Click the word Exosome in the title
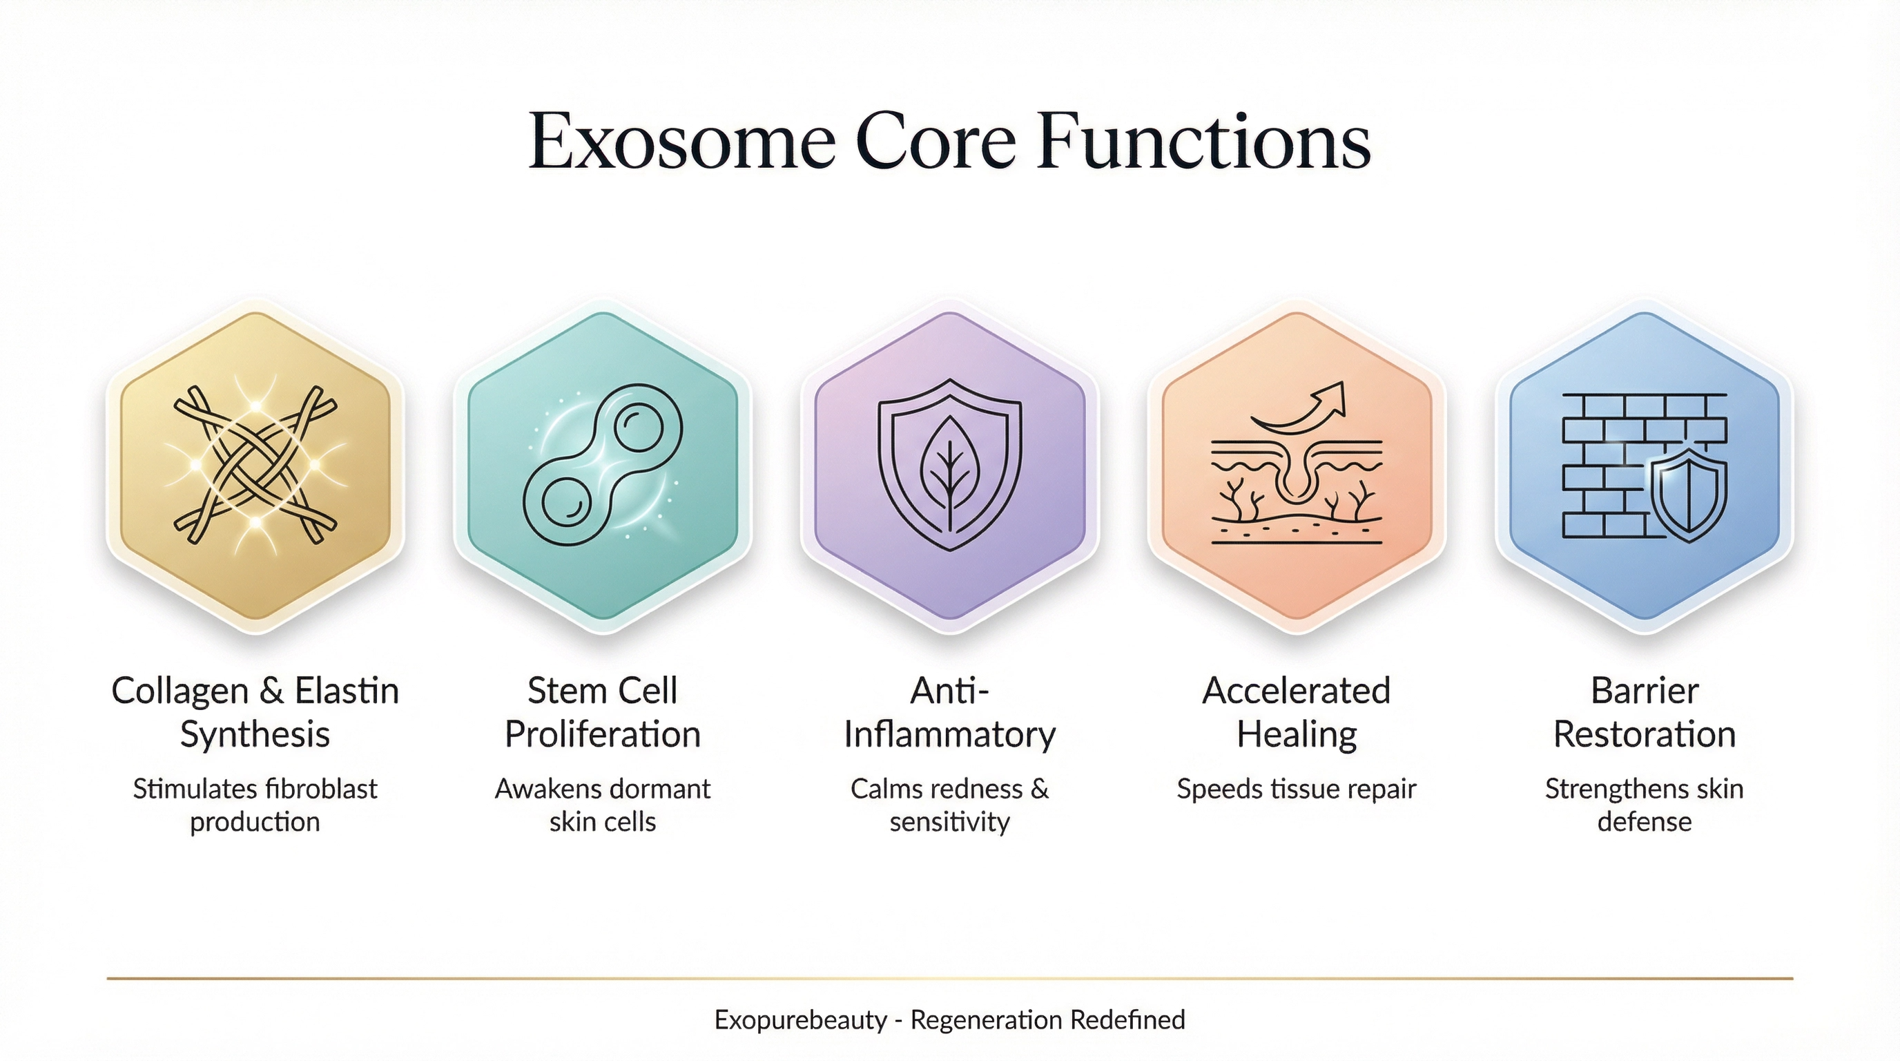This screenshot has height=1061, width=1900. pos(682,142)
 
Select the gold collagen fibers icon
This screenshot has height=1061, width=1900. pos(255,465)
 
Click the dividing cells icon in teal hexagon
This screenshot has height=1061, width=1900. pos(603,465)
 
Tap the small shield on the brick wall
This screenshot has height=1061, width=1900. pos(1688,497)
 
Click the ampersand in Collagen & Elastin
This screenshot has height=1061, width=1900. pos(271,691)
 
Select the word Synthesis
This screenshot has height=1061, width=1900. pos(255,735)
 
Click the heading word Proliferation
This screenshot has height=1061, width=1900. pos(603,735)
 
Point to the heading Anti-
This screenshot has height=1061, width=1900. pos(950,691)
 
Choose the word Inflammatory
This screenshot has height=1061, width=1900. pos(950,735)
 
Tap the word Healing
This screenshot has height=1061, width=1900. pos(1297,735)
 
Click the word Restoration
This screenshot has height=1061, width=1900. pos(1644,735)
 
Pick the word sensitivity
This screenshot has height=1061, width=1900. pos(950,821)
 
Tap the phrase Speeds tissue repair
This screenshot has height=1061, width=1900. pos(1297,789)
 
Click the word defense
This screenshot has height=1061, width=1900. pos(1644,821)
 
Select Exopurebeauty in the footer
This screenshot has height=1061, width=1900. pos(800,1020)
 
